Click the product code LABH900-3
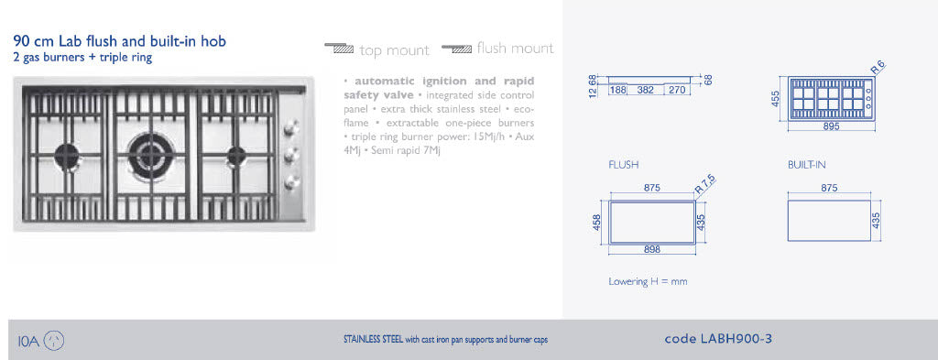[x=718, y=339]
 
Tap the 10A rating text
[x=28, y=342]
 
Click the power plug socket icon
[x=54, y=341]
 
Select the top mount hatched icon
[x=340, y=49]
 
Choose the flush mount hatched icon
[x=457, y=49]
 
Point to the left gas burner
[x=67, y=156]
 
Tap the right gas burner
[x=236, y=156]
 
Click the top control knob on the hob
[x=290, y=127]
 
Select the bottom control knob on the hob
[x=291, y=182]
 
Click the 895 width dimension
[x=831, y=126]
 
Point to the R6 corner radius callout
[x=878, y=67]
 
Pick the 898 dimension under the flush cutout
[x=652, y=249]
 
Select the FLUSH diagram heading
[x=623, y=165]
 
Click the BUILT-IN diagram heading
[x=806, y=165]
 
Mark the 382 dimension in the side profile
[x=645, y=91]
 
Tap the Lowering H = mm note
[x=648, y=281]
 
